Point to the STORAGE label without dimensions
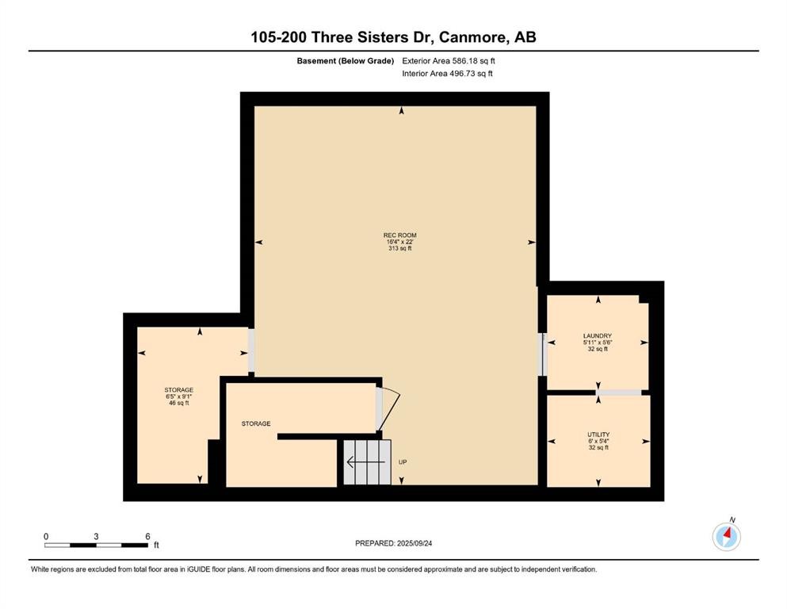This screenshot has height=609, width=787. pyautogui.click(x=256, y=423)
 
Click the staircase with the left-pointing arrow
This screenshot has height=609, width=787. pyautogui.click(x=367, y=462)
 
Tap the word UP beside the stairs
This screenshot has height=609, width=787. pyautogui.click(x=403, y=462)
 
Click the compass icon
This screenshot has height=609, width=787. pyautogui.click(x=726, y=537)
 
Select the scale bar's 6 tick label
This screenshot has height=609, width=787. pyautogui.click(x=147, y=536)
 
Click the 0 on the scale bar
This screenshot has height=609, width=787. pyautogui.click(x=46, y=536)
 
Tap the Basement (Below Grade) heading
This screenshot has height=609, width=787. pyautogui.click(x=345, y=61)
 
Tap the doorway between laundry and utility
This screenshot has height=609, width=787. pyautogui.click(x=618, y=392)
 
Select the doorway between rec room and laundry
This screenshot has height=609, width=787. pyautogui.click(x=543, y=354)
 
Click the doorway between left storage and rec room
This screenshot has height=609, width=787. pyautogui.click(x=251, y=350)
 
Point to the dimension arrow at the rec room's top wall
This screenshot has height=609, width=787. pyautogui.click(x=402, y=112)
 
